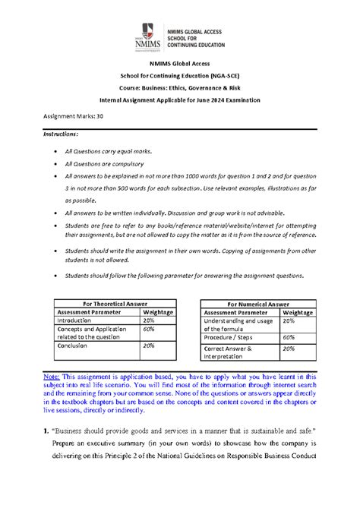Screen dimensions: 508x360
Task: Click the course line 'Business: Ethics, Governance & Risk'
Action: coord(179,88)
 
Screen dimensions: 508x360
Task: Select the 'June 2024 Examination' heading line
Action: coord(179,100)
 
